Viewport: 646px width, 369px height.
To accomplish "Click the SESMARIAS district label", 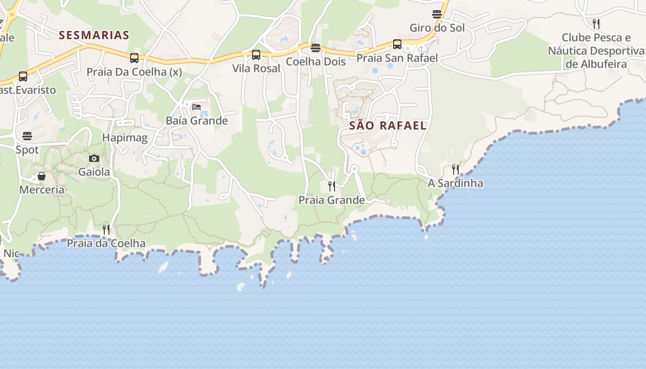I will click(x=94, y=35).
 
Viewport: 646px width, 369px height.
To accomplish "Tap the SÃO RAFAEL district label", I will click(x=388, y=125).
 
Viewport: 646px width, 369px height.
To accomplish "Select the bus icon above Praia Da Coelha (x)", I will click(x=134, y=58).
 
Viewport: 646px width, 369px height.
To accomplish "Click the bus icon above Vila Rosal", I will click(x=256, y=55).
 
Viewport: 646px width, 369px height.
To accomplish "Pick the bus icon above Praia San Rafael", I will click(x=397, y=44).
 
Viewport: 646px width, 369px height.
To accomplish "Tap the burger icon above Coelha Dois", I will click(x=316, y=48).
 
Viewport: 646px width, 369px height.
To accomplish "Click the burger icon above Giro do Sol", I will click(x=437, y=14).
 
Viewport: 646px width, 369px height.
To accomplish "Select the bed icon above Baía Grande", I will click(x=197, y=107).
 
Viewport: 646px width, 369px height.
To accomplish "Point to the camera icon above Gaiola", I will click(x=94, y=159).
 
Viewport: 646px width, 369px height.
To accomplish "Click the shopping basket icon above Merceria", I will click(x=42, y=176).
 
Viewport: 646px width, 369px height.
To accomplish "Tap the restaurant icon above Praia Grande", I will click(x=332, y=186).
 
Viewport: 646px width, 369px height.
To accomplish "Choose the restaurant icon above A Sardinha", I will click(x=455, y=169).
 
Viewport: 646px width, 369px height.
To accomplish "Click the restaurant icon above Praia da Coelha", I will click(x=106, y=229).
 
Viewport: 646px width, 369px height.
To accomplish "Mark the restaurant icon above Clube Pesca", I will click(x=596, y=24).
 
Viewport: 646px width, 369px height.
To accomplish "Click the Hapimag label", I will click(x=125, y=137).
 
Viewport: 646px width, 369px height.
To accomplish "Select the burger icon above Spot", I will click(x=27, y=136).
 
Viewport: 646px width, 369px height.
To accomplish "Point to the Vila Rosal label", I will click(x=256, y=69).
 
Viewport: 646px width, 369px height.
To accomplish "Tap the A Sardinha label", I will click(x=455, y=183).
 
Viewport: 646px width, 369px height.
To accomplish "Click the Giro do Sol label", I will click(x=437, y=28).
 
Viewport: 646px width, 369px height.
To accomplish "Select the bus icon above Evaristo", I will click(x=23, y=77).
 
